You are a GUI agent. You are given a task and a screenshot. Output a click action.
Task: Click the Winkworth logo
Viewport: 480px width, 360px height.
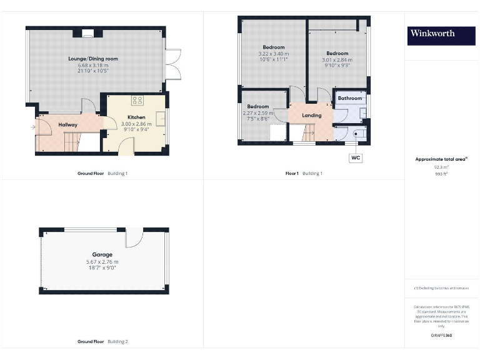click(441, 33)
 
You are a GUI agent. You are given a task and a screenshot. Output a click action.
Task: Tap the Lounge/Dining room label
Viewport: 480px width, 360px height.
click(93, 59)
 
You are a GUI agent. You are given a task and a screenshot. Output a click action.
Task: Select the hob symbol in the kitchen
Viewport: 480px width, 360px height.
click(137, 100)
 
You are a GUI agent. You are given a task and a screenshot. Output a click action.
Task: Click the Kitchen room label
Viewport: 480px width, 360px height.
click(136, 117)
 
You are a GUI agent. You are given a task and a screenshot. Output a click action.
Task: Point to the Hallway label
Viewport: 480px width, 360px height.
click(67, 125)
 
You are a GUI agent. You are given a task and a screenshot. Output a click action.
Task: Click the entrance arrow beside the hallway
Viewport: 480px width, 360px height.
click(32, 127)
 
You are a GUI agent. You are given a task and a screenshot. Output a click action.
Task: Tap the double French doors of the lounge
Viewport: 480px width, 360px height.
click(173, 64)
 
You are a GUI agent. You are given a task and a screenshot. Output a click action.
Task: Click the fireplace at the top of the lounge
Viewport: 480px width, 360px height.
click(88, 33)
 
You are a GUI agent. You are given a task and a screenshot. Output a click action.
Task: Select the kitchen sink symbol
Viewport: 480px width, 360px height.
click(161, 119)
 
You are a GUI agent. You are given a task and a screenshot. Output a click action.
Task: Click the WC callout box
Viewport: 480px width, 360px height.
click(356, 158)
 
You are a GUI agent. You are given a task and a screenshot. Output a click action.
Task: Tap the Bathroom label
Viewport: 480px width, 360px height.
click(350, 98)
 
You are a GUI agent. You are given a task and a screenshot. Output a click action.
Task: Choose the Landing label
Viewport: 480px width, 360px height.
click(311, 115)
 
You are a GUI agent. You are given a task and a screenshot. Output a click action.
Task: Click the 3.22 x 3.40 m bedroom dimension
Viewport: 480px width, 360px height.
click(274, 54)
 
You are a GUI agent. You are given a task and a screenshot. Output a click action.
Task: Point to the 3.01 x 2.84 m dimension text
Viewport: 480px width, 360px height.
click(336, 60)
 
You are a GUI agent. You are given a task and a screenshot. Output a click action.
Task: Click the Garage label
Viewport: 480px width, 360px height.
click(102, 255)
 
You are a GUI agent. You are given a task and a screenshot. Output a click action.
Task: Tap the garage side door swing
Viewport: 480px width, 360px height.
click(134, 239)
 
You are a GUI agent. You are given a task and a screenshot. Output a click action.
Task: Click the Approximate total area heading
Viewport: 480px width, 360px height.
click(441, 159)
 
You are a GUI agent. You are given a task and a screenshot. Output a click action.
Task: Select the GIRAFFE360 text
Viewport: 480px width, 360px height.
click(441, 336)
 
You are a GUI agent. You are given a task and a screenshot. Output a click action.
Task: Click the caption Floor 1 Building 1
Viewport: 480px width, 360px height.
click(304, 173)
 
